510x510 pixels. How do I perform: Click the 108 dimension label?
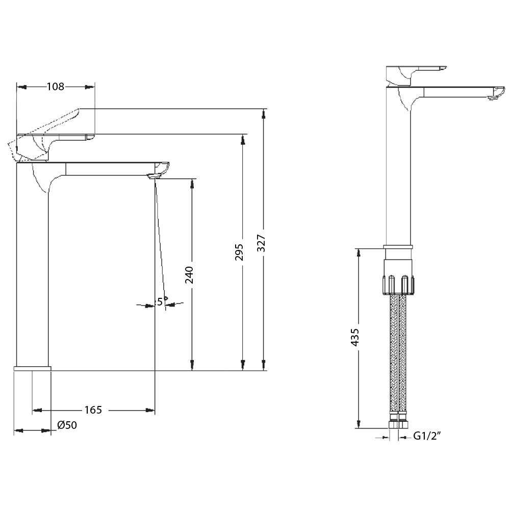tap(56, 87)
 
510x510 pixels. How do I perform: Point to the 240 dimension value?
tap(189, 274)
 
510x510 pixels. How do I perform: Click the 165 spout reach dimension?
tap(93, 410)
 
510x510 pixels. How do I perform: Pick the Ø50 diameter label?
tap(67, 425)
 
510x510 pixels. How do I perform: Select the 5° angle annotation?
tap(161, 302)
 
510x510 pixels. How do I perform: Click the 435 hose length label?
tap(355, 338)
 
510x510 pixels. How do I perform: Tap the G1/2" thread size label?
tap(426, 436)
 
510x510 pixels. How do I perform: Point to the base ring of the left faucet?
tap(33, 368)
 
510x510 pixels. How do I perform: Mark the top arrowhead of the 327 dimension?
tap(264, 114)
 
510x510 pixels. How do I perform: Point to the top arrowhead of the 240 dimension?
tap(192, 183)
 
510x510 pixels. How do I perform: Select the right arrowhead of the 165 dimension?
tap(150, 410)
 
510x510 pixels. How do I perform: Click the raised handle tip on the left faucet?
tap(80, 111)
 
